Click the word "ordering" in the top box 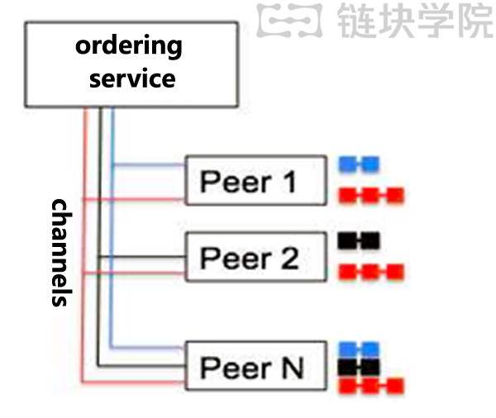click(x=128, y=45)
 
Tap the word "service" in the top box click(x=132, y=78)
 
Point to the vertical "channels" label click(x=60, y=252)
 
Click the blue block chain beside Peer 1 click(x=359, y=164)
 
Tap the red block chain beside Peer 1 click(x=372, y=196)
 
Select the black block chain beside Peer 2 click(x=358, y=240)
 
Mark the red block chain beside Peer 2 click(x=372, y=272)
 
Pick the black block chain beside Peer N click(x=359, y=366)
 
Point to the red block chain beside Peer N click(x=372, y=386)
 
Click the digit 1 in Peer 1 click(x=287, y=181)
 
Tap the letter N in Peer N click(x=290, y=365)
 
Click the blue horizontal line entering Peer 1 click(x=149, y=165)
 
